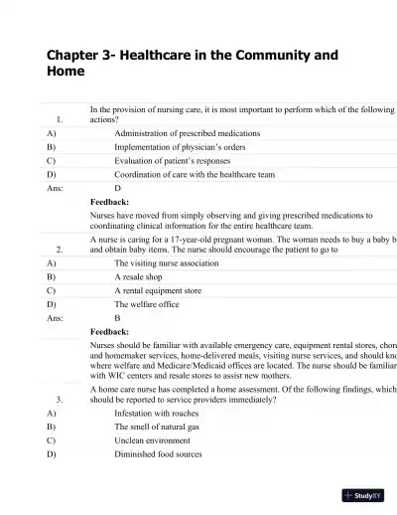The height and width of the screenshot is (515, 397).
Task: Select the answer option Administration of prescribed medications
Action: tap(188, 132)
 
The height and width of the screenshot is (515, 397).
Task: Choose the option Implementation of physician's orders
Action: tap(178, 146)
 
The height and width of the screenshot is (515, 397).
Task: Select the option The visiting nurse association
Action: tap(173, 263)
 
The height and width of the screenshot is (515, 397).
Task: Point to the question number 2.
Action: tap(61, 250)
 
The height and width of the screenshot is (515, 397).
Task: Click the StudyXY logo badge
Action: tap(364, 494)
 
